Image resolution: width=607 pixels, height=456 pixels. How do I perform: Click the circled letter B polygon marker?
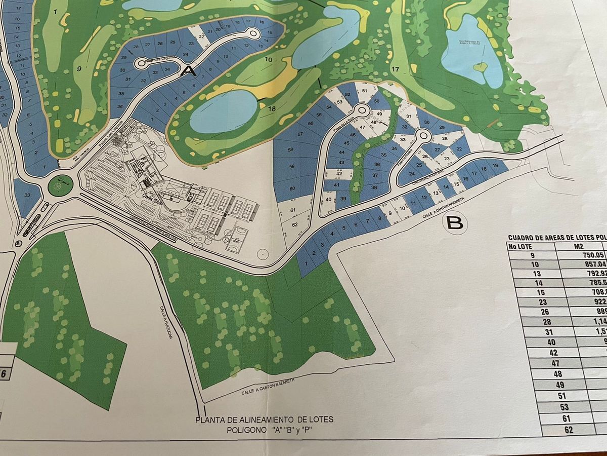pyautogui.click(x=455, y=223)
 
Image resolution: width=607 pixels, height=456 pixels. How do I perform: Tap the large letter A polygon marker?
pyautogui.click(x=189, y=71)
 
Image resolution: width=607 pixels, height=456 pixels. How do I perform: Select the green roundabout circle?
pyautogui.click(x=60, y=185)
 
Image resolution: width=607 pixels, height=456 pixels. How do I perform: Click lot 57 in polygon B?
pyautogui.click(x=300, y=134)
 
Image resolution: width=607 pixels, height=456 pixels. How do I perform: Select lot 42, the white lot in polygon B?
pyautogui.click(x=338, y=174)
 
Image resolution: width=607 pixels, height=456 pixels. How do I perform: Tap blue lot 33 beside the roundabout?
pyautogui.click(x=26, y=195)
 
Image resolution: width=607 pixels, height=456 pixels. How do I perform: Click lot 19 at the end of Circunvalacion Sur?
pyautogui.click(x=495, y=166)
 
